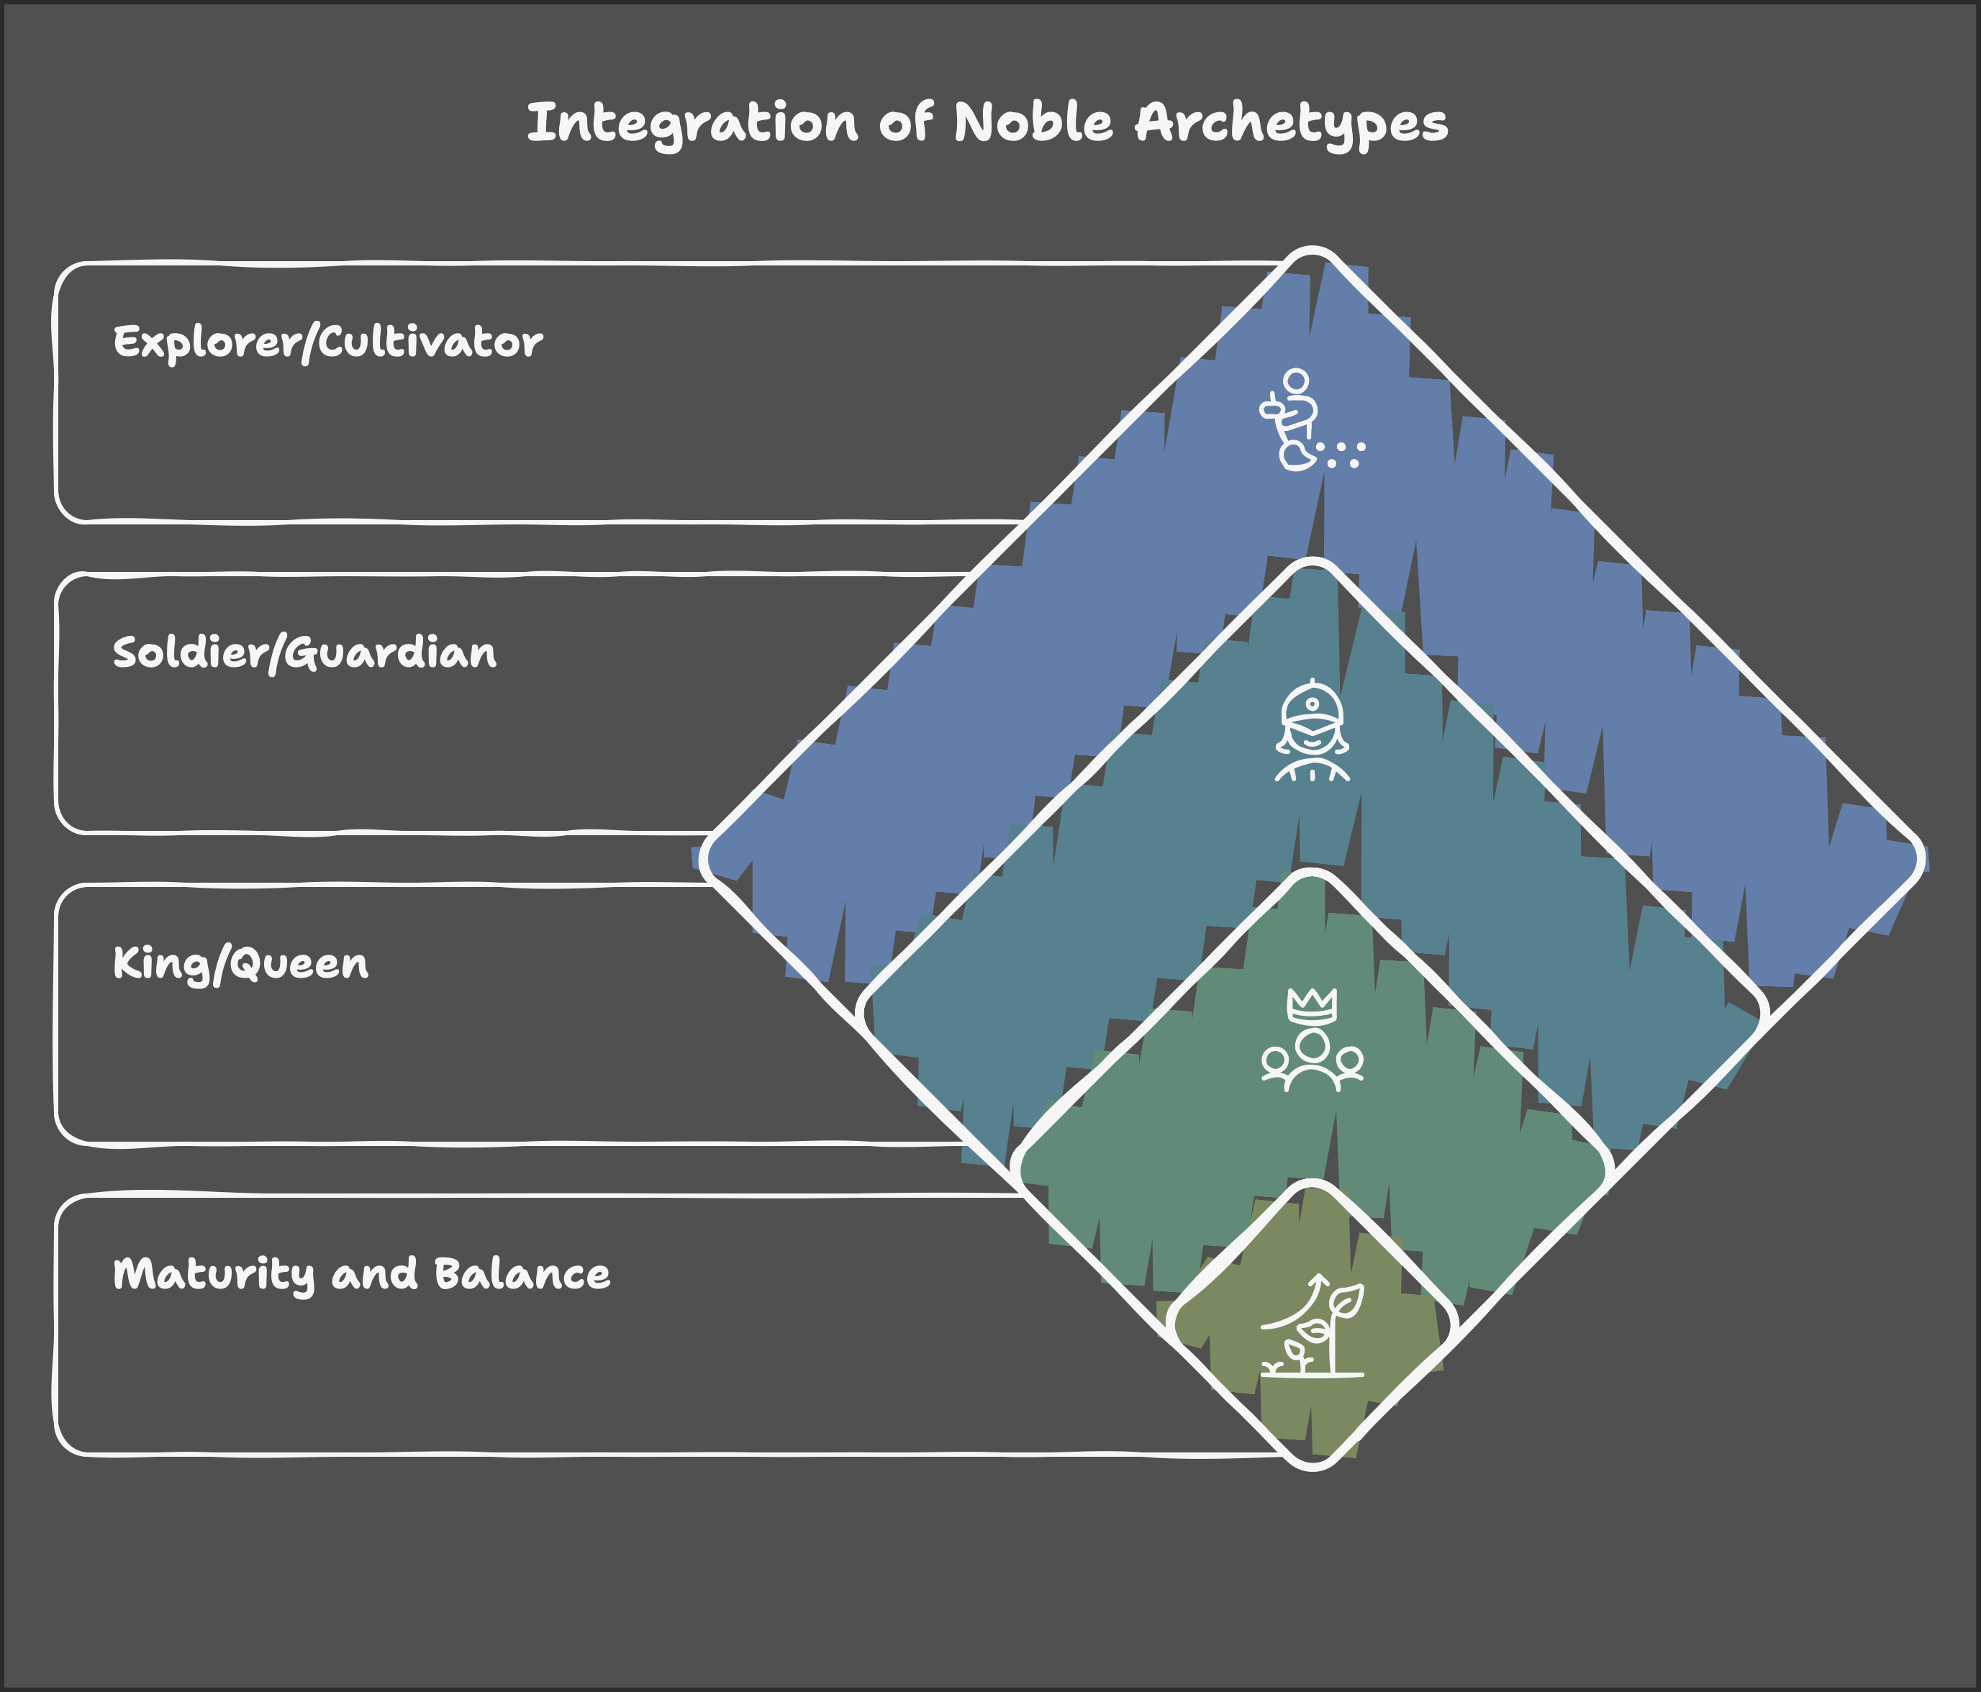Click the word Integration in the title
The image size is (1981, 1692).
pos(692,124)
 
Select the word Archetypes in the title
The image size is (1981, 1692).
pos(1291,124)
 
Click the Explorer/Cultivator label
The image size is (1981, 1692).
pos(328,342)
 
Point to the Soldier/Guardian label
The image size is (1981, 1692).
pos(304,653)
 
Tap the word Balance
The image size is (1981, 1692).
pos(521,1273)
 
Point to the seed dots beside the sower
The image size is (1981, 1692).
pos(1343,453)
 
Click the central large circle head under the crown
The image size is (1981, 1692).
pos(1313,1044)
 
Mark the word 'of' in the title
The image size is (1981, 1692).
pos(905,124)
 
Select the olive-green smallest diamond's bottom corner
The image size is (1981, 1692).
pos(1313,1463)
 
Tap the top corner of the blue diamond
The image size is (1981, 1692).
pos(1313,254)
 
